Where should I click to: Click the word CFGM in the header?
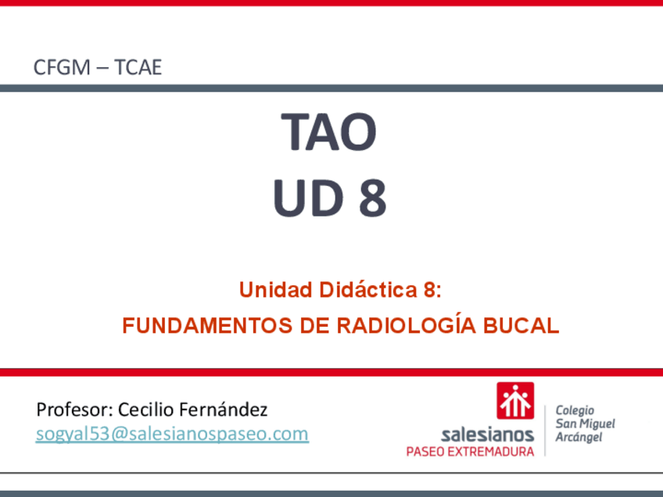coord(63,67)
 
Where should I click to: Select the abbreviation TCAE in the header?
coord(138,67)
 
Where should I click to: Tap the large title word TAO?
coord(328,132)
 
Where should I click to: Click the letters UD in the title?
coord(308,198)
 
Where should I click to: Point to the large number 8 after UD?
coord(372,198)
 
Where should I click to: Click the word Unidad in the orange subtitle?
coord(276,290)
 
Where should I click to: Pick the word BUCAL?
coord(521,325)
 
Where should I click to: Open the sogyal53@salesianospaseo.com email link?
coord(172,434)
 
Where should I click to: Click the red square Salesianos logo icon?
coord(515,400)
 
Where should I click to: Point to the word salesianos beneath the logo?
coord(488,434)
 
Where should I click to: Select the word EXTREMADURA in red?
coord(490,452)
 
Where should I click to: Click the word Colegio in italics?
coord(575,410)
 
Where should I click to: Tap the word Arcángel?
coord(579,437)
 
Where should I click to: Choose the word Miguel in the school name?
coord(597,424)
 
